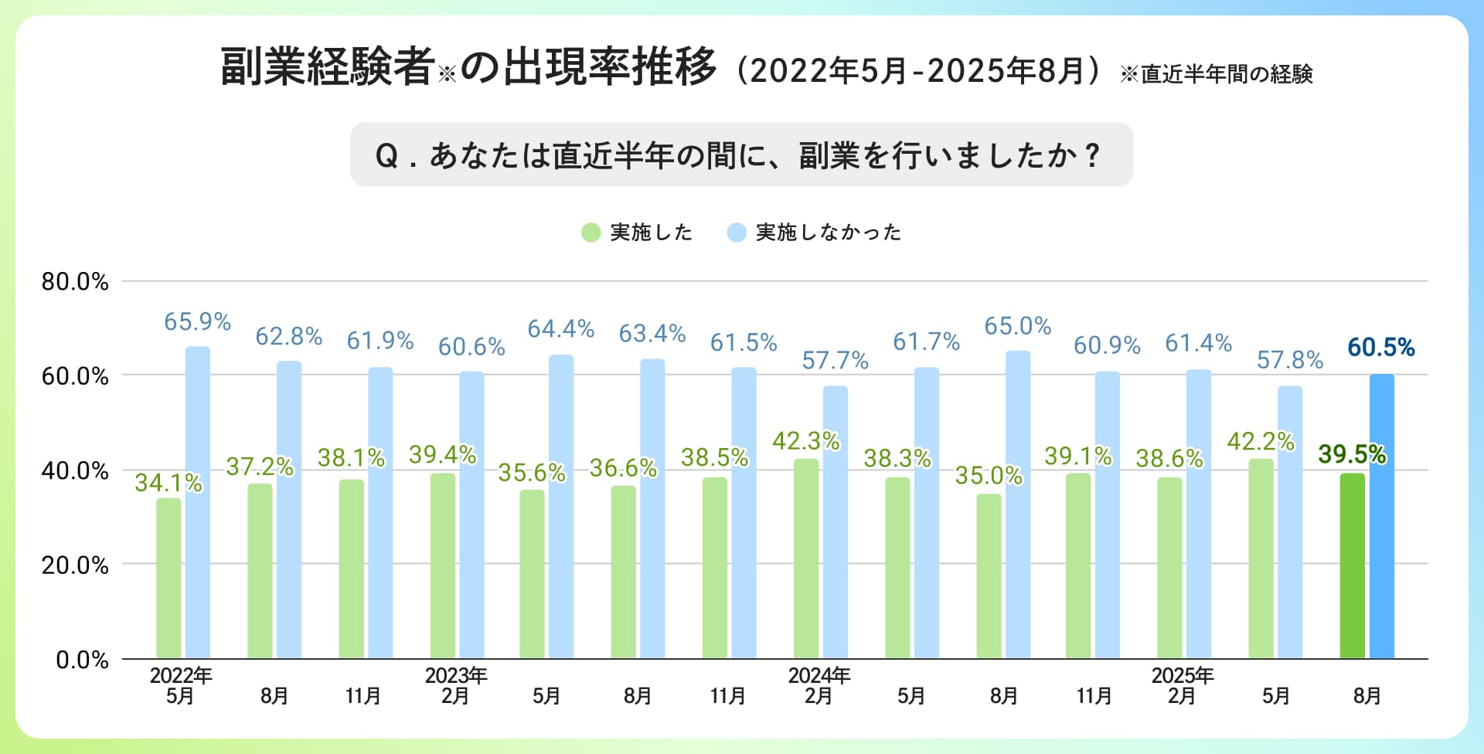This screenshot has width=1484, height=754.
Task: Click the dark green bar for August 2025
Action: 1352,566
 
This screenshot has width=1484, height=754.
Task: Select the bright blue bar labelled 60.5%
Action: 1382,517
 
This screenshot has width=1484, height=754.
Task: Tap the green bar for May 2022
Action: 168,579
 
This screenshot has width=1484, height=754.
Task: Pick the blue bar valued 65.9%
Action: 198,503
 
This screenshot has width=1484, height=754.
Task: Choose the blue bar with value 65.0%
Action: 1018,505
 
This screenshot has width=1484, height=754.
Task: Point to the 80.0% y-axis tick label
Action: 75,282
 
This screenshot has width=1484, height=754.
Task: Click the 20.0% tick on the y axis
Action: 75,565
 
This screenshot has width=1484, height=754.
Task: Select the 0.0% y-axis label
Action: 82,660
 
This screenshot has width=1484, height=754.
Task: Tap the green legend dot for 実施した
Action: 591,233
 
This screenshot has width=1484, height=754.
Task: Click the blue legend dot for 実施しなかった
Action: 737,233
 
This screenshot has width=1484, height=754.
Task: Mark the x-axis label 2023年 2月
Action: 456,686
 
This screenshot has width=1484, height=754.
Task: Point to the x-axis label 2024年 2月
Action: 819,686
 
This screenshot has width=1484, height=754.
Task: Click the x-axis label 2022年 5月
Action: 181,686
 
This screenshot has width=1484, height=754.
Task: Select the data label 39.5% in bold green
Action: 1352,454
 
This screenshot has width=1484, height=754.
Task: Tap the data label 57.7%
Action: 835,361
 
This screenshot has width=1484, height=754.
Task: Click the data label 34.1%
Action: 168,483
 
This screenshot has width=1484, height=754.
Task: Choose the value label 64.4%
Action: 560,329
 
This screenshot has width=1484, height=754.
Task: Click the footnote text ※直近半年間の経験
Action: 1217,74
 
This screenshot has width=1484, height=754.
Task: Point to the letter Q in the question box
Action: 386,156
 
